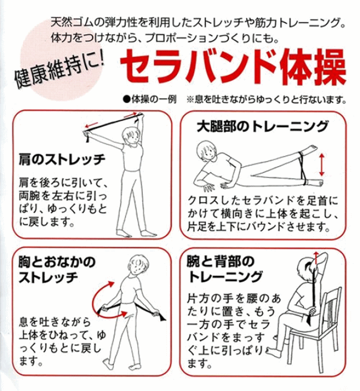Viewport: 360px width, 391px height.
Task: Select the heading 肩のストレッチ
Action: tap(61, 160)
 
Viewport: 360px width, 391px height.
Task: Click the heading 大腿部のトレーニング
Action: tap(262, 127)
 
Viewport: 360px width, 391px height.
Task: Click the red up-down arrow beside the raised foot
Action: tap(323, 163)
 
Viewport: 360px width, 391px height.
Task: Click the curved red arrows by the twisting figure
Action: tap(104, 296)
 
